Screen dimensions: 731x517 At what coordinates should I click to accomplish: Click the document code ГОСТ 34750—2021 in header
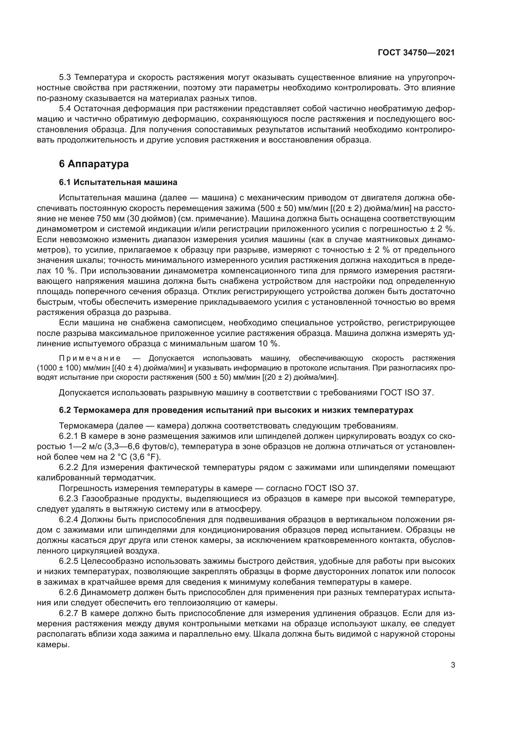(416, 53)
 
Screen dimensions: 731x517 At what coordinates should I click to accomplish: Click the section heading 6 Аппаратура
(94, 164)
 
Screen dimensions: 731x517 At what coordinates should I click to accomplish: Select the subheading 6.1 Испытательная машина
(118, 183)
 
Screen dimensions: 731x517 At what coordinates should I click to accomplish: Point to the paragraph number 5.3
(65, 78)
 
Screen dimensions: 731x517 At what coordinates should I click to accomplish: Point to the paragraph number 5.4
(65, 109)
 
